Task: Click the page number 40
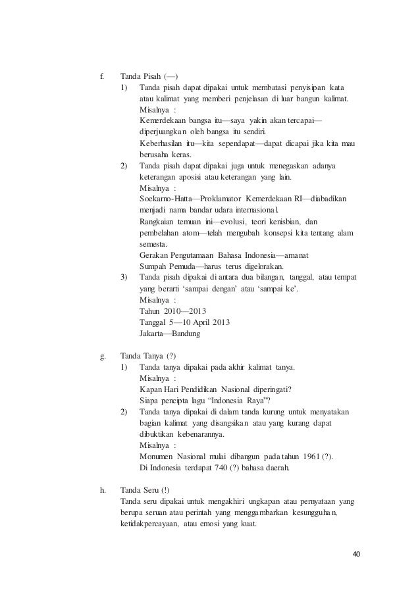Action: tap(356, 553)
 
